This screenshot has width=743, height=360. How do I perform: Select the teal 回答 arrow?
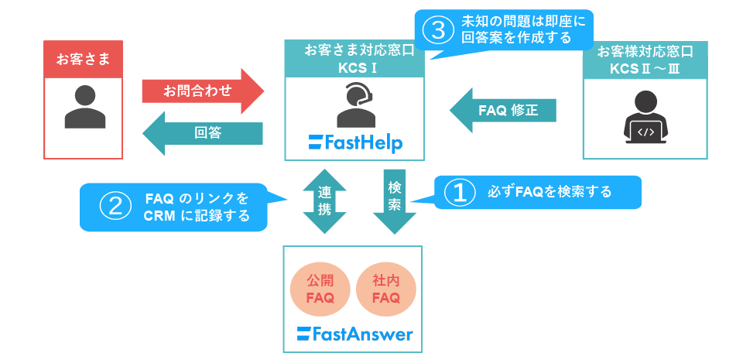[203, 132]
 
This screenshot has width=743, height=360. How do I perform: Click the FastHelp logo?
[355, 142]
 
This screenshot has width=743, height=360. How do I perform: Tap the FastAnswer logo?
[354, 334]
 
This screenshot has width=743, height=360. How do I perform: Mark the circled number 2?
[113, 207]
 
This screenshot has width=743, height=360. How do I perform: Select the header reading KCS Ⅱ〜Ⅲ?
[645, 60]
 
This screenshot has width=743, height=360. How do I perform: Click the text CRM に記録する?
[197, 216]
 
